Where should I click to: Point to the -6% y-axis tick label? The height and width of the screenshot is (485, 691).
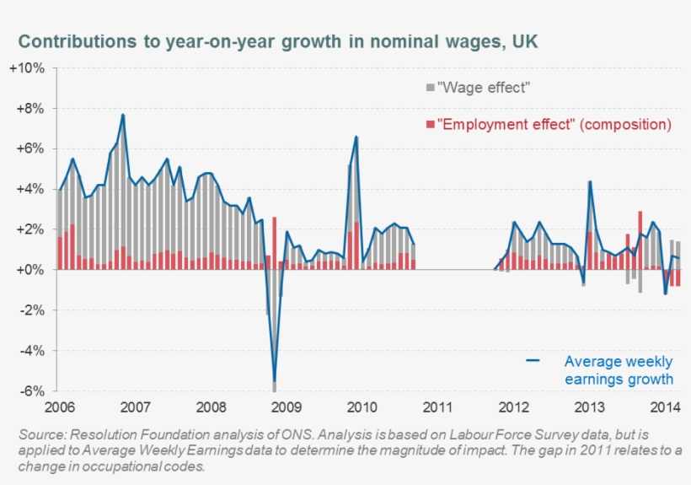click(32, 391)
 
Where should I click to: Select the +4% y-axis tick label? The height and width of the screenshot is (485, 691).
click(32, 189)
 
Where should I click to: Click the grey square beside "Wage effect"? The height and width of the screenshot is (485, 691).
click(431, 87)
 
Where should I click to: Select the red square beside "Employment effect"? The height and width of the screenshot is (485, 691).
click(431, 125)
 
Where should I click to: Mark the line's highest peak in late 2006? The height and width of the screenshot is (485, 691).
click(123, 115)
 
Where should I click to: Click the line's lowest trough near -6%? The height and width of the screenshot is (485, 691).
click(274, 381)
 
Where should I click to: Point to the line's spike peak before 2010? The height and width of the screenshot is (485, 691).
click(356, 137)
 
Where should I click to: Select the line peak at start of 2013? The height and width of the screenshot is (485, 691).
click(590, 181)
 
